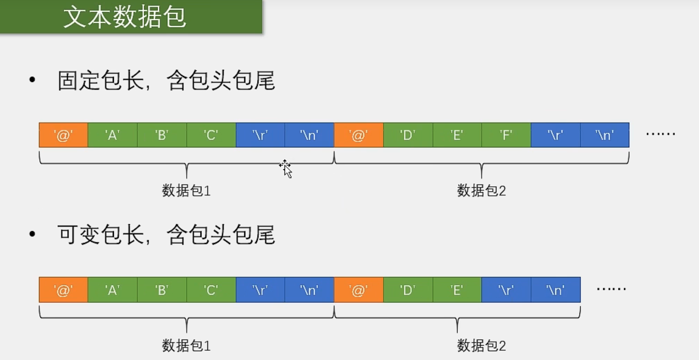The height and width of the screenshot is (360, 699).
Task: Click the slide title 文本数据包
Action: pos(125,17)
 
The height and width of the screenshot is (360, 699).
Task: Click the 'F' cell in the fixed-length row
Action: pos(506,135)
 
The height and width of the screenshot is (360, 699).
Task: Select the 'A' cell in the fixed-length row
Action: pos(112,135)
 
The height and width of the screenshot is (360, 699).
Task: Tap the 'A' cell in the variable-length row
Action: pos(112,290)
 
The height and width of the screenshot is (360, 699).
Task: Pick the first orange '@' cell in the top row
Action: pos(63,135)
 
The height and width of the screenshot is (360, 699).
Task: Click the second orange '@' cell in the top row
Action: pos(359,135)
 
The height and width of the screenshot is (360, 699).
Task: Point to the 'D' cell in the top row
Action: pos(408,135)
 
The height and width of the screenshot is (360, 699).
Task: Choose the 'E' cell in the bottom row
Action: pos(457,290)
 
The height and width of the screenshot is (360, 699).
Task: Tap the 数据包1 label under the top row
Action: pos(186,191)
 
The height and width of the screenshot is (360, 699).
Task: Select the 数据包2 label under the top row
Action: pos(481,191)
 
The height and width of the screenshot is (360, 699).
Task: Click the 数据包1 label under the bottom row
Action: pos(186,346)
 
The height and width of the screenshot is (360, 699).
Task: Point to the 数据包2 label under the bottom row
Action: pos(481,346)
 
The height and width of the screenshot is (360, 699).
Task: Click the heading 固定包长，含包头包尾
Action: pos(166,81)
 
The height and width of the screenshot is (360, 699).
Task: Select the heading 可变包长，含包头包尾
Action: pos(166,235)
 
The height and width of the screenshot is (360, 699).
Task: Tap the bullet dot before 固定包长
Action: pos(32,79)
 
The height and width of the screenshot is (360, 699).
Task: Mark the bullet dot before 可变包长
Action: pos(32,234)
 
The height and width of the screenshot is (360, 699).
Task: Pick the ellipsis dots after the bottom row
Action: pos(611,289)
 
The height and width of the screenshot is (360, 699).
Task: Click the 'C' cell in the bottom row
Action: pos(211,290)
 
